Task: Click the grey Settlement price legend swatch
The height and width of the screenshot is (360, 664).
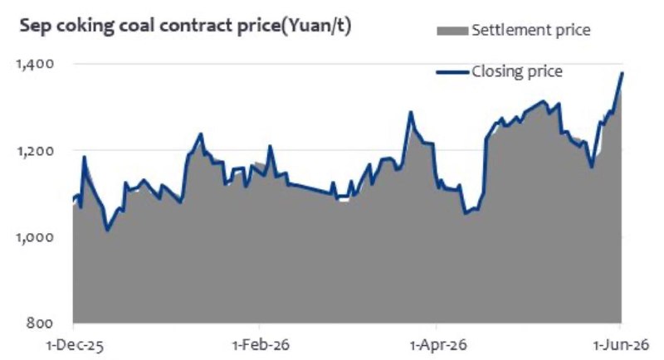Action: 452,31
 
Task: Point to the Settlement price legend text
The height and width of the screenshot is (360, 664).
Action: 531,31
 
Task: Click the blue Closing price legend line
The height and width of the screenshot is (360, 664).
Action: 452,72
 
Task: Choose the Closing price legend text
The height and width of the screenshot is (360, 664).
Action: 517,71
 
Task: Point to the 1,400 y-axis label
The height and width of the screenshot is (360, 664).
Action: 35,64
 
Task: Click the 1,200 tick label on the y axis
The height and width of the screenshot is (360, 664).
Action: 35,151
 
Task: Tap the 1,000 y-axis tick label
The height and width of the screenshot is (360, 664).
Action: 35,237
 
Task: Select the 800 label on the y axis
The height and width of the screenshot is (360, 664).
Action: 40,324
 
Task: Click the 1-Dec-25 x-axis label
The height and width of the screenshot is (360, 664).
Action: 75,346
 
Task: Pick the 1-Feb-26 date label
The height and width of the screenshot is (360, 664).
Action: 261,345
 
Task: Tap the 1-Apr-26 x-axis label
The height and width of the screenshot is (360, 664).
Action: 438,345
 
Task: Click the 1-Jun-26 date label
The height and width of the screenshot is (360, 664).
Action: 621,345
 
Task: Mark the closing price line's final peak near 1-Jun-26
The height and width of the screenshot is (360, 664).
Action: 622,73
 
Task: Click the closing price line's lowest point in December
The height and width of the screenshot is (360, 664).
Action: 107,230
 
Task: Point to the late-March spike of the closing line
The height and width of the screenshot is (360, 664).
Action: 410,112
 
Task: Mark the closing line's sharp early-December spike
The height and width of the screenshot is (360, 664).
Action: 85,157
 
